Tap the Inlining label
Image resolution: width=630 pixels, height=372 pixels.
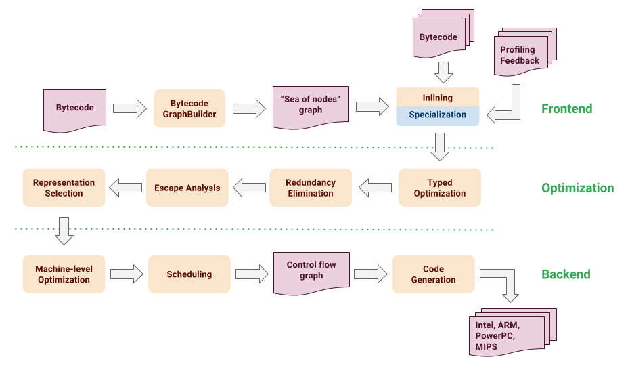(437, 97)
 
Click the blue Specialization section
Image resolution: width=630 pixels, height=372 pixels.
(437, 115)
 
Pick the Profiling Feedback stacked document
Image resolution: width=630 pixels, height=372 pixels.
(520, 56)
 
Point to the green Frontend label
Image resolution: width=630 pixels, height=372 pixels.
(566, 108)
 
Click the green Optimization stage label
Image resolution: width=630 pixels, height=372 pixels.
(577, 188)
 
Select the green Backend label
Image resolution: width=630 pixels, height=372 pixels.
(566, 274)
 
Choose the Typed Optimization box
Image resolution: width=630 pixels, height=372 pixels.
(439, 188)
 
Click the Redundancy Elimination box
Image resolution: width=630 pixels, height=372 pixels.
(311, 188)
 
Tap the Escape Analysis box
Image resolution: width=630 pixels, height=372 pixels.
(187, 188)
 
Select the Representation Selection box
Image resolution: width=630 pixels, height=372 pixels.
(64, 188)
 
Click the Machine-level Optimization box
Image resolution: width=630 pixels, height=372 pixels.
(64, 274)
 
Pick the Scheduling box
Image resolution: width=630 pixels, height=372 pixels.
(189, 274)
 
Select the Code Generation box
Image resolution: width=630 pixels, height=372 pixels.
(433, 274)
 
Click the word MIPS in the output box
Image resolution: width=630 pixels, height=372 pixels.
(486, 347)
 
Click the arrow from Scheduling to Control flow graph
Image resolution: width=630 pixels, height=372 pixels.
(252, 274)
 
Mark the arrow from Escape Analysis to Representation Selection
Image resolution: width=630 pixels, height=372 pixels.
(126, 188)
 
